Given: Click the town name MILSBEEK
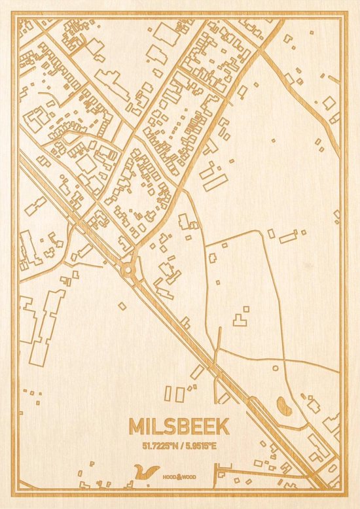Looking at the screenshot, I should (179, 427).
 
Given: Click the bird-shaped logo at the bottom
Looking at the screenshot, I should (146, 472).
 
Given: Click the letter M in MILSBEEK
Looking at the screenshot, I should (137, 427).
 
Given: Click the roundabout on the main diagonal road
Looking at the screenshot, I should (128, 268).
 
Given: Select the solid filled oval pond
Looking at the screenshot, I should (285, 407).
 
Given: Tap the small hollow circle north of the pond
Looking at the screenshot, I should (275, 368).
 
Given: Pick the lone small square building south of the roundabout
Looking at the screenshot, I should (122, 306).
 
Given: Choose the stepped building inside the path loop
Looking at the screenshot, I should (240, 319).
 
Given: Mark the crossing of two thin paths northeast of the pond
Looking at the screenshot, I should (284, 360).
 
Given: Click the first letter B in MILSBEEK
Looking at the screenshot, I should (181, 427).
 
